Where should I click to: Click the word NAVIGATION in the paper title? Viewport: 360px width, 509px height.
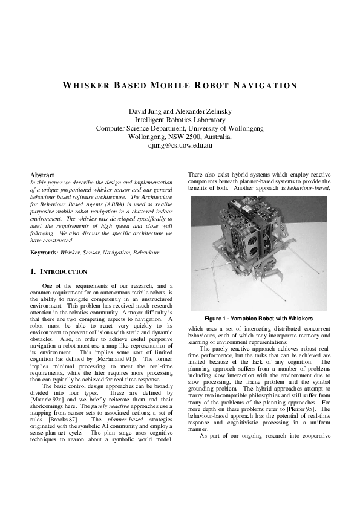click(x=261, y=85)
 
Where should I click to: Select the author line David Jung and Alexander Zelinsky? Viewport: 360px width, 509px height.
click(x=180, y=111)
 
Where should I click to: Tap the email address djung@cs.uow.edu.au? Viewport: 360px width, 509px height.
click(x=180, y=146)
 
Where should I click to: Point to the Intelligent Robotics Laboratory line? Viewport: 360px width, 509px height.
click(x=180, y=120)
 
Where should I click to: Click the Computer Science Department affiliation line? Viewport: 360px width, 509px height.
click(x=180, y=129)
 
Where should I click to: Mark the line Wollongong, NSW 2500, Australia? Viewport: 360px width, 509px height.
click(x=180, y=137)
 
